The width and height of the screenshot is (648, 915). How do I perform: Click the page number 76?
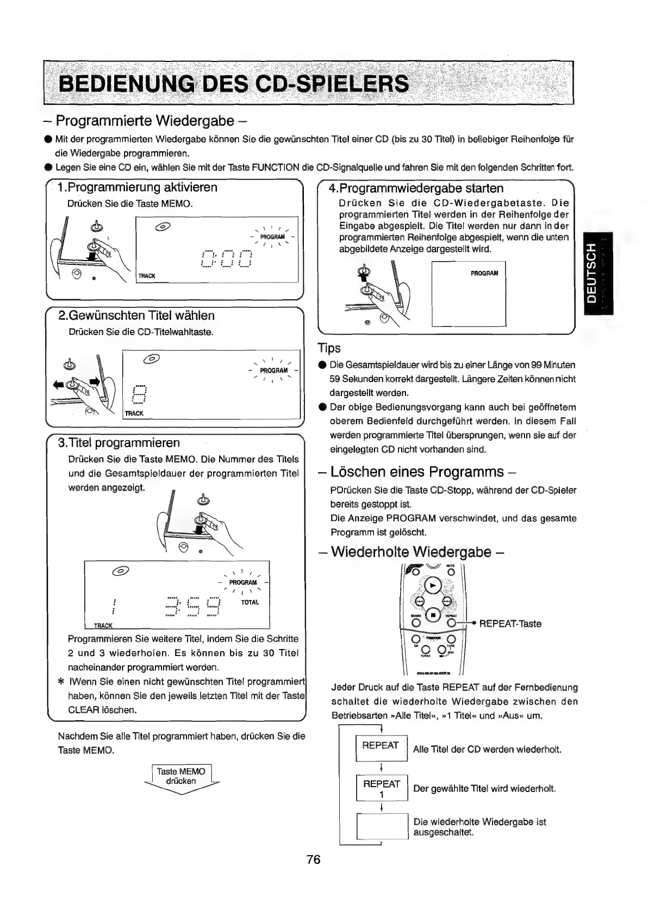(x=314, y=859)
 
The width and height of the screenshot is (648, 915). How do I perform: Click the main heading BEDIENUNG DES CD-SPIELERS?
(x=234, y=84)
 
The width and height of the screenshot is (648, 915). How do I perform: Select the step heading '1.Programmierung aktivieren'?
(x=138, y=188)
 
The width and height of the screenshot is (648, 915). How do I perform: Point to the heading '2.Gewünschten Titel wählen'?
(x=136, y=316)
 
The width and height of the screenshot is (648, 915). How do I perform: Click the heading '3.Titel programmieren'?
(x=119, y=443)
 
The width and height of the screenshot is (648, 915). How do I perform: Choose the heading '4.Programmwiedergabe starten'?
(x=416, y=189)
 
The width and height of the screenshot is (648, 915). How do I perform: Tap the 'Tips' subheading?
(x=329, y=348)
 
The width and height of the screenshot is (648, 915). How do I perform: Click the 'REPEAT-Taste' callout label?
(x=510, y=623)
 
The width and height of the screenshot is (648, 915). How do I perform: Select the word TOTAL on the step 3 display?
(x=250, y=603)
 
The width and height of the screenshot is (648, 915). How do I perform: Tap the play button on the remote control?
(x=433, y=585)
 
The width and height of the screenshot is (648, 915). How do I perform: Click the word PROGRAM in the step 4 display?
(x=484, y=273)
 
